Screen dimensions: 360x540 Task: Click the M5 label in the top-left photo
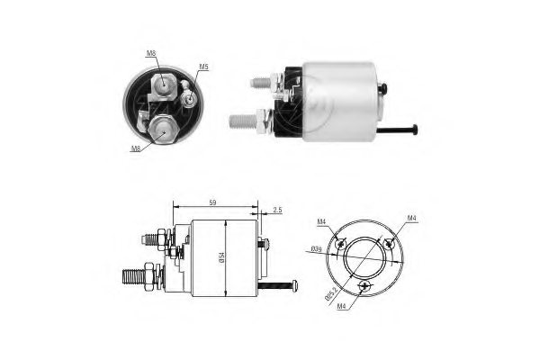tap(203, 67)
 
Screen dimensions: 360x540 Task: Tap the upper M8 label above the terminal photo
tap(152, 55)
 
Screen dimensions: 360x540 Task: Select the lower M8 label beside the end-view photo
tap(136, 148)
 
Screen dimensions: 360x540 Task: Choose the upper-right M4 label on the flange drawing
tap(410, 218)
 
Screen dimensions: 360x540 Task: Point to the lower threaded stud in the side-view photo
tap(240, 120)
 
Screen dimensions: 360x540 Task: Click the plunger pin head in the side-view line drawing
tap(294, 286)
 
